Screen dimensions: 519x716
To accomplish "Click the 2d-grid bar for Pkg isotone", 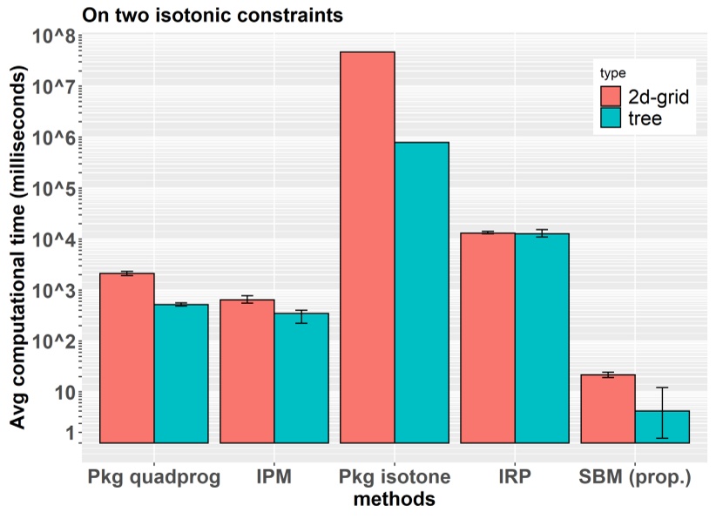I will (368, 247).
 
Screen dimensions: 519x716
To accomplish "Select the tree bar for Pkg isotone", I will (422, 293).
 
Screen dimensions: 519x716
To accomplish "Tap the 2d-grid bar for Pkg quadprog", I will (127, 358).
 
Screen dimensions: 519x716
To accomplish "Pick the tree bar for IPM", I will (301, 378).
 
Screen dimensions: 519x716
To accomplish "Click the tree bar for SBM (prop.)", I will (662, 427).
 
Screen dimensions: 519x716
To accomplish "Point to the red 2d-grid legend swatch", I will (611, 96).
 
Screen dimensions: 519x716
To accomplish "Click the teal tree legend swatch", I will (611, 118).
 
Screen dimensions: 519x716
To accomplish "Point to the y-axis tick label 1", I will (67, 433).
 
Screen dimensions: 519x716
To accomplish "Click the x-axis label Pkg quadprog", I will (154, 478).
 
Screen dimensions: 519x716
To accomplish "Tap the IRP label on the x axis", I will (515, 478).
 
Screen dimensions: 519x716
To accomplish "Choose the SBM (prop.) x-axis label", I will (634, 478).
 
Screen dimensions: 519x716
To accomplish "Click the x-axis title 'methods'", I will (394, 501).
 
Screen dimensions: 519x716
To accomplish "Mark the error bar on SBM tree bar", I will (662, 413).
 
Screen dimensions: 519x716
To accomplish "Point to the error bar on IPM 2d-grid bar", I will (247, 300).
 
